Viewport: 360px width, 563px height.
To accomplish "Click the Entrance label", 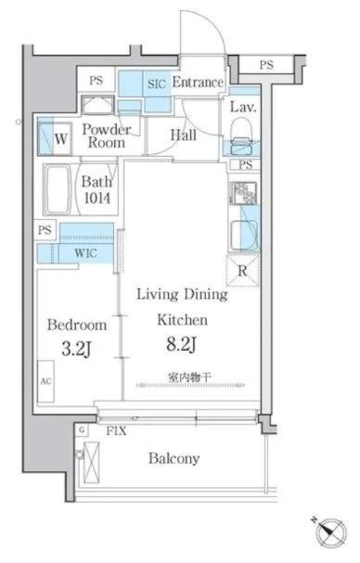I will tap(198, 83).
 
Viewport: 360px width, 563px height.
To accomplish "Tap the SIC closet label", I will tap(156, 83).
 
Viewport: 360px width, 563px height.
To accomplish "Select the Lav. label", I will tap(242, 108).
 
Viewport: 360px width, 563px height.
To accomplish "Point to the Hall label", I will tap(182, 134).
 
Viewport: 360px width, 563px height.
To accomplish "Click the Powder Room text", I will tap(109, 135).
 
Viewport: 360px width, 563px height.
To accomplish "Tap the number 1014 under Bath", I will tap(96, 198).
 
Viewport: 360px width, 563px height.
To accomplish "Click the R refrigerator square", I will tap(242, 272).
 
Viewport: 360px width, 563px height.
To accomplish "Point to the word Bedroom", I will tap(77, 326).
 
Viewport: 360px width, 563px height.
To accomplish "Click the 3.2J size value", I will tap(77, 351).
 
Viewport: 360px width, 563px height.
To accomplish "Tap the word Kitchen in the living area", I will tap(181, 320).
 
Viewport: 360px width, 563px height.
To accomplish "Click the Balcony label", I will tap(174, 458).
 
